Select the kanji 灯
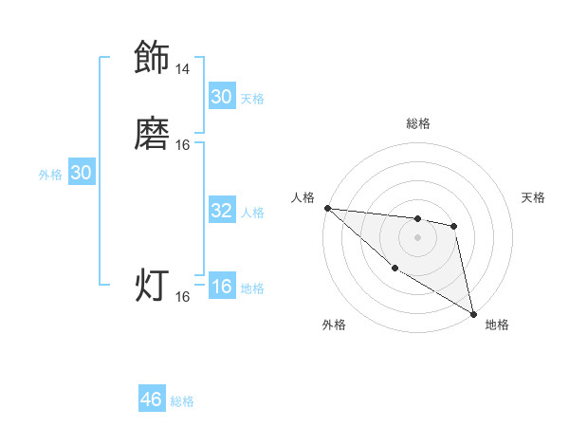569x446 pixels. click(152, 286)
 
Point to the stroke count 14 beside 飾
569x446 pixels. click(182, 69)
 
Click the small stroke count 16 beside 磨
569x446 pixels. click(183, 144)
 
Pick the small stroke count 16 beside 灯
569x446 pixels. click(183, 296)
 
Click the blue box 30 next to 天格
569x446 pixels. click(222, 97)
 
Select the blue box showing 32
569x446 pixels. click(222, 212)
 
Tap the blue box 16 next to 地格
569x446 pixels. click(222, 288)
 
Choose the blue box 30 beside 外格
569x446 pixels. click(82, 173)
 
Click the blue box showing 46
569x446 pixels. click(152, 400)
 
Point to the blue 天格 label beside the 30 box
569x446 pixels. click(252, 99)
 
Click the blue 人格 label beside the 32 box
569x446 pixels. click(252, 213)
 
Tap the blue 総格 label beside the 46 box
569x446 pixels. click(182, 401)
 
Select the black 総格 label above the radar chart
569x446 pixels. click(418, 123)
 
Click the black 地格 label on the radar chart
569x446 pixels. click(497, 325)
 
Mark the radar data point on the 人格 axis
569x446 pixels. click(327, 208)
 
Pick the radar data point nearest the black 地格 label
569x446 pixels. click(473, 313)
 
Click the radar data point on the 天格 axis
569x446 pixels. click(454, 226)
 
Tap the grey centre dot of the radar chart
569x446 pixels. click(418, 237)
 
